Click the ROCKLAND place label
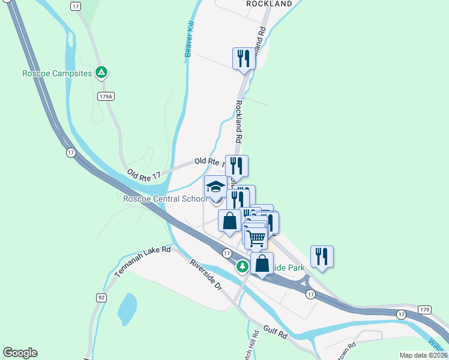[x=269, y=4]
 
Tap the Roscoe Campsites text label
[x=56, y=73]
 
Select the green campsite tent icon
[x=102, y=73]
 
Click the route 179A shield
[x=106, y=96]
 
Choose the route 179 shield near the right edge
[x=425, y=310]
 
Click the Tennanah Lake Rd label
[x=143, y=263]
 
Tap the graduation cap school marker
[x=216, y=187]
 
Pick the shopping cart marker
[x=256, y=238]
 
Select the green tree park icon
[x=242, y=266]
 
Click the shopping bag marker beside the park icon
[x=262, y=263]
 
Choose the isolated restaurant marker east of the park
[x=322, y=256]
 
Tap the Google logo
[x=20, y=353]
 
